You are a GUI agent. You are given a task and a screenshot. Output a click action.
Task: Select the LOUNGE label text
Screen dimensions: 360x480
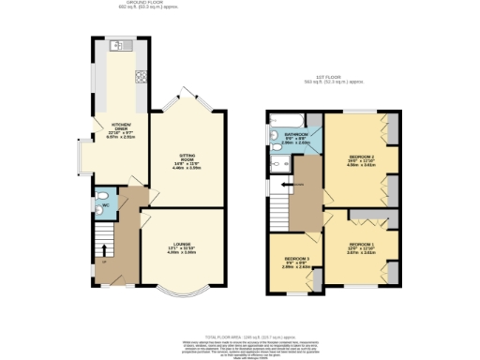(x=180, y=247)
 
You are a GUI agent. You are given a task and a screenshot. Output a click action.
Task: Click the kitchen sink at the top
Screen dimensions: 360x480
(x=117, y=46)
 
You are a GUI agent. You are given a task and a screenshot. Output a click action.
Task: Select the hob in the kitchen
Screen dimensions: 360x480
(x=140, y=78)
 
